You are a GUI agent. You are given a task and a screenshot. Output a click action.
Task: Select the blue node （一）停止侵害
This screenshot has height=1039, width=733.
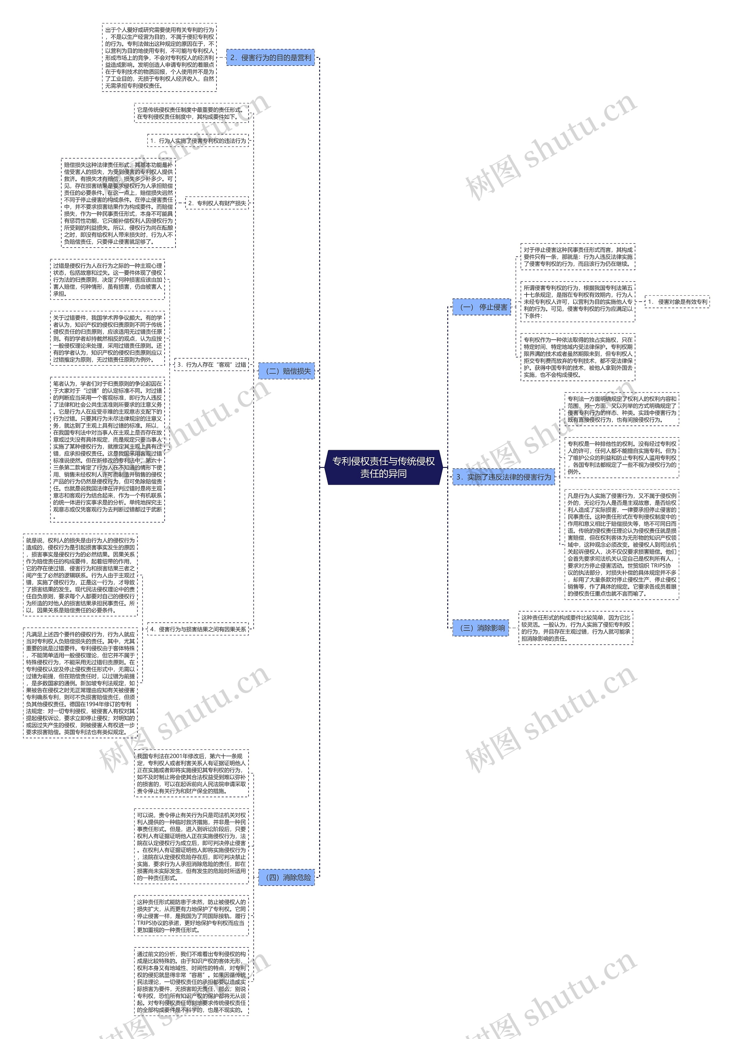click(x=482, y=307)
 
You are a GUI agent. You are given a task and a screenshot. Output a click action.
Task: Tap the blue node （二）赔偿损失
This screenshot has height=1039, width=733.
click(x=287, y=371)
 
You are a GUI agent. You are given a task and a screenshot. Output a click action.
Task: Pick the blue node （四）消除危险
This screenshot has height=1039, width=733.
click(x=287, y=877)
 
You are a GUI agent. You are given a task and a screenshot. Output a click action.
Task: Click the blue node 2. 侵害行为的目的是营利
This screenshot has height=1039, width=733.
click(x=270, y=58)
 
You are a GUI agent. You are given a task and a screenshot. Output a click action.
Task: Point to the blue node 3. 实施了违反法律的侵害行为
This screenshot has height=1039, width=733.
click(x=503, y=477)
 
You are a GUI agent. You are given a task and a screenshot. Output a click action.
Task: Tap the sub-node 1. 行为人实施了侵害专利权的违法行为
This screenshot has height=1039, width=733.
click(x=198, y=141)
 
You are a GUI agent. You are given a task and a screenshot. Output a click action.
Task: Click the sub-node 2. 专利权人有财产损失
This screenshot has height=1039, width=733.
click(x=217, y=203)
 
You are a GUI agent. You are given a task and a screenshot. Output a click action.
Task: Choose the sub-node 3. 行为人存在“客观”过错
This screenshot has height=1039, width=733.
click(x=211, y=364)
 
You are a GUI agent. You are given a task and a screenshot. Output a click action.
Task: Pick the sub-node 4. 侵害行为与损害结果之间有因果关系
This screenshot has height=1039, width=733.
click(x=198, y=629)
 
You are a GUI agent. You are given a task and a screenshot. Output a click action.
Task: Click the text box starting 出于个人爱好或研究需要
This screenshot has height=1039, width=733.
click(x=159, y=58)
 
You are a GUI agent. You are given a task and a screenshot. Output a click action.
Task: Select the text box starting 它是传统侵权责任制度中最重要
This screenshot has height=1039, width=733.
click(x=192, y=113)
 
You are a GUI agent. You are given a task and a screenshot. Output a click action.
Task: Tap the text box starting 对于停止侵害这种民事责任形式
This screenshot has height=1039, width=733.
click(x=578, y=257)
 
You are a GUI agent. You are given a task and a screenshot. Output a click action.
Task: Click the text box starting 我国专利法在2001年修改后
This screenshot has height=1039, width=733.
click(x=192, y=773)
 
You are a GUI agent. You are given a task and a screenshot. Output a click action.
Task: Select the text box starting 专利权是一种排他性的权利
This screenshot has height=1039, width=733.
click(x=622, y=458)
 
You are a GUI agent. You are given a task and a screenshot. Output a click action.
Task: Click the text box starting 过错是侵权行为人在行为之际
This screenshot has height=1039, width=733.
click(x=107, y=279)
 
